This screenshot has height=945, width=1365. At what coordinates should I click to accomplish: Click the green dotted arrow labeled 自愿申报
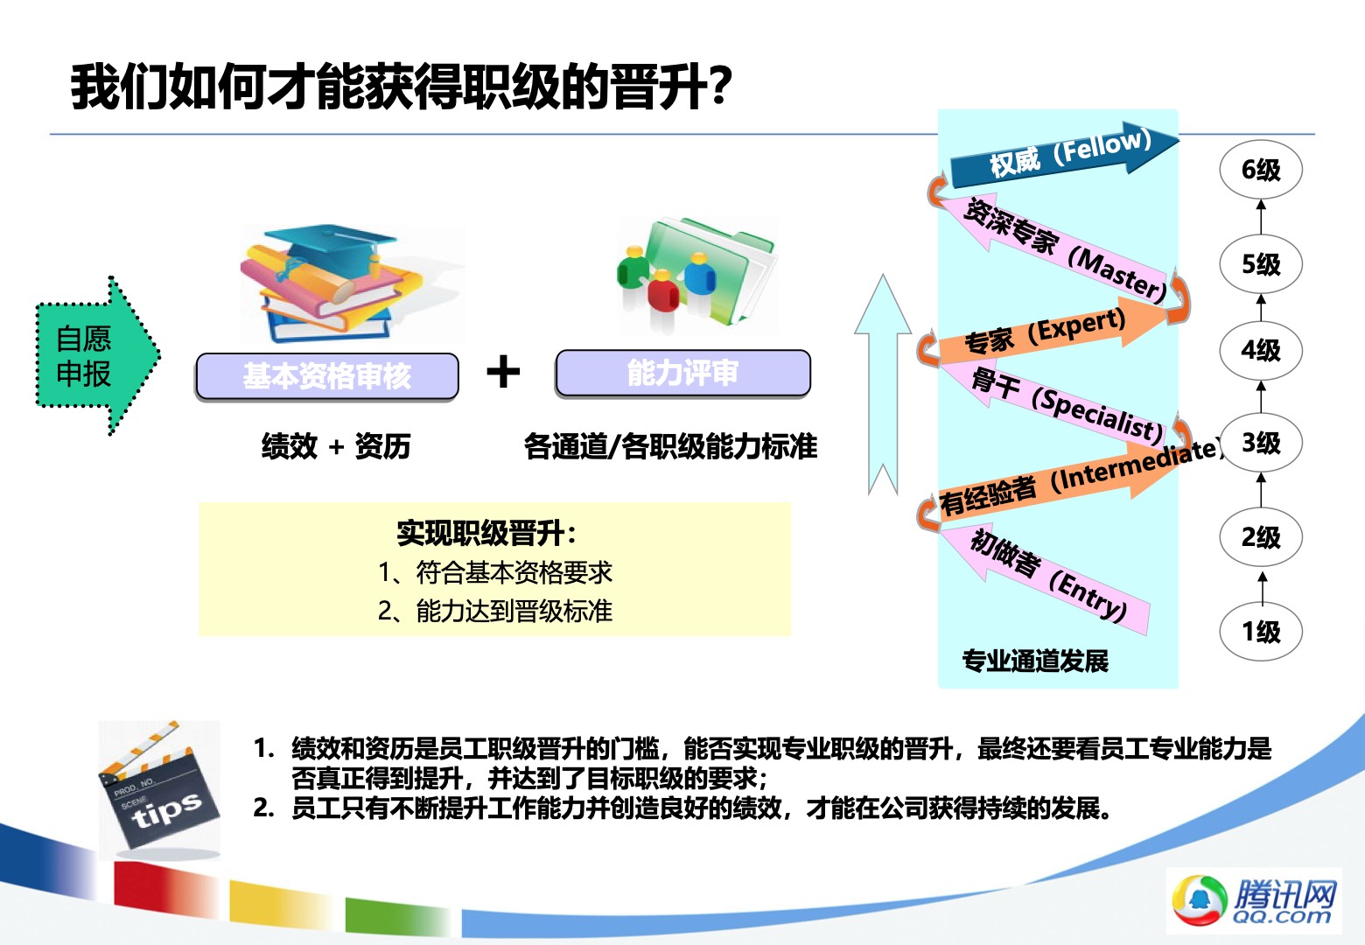tap(97, 356)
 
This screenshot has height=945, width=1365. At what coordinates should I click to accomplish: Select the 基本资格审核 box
tap(327, 376)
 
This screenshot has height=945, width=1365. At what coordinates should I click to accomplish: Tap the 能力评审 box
tap(683, 373)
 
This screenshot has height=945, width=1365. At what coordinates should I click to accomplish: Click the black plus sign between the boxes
tap(503, 372)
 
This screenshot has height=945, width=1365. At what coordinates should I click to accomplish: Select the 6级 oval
tap(1261, 170)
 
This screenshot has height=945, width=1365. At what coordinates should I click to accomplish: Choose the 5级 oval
tap(1261, 264)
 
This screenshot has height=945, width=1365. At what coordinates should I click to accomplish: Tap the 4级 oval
tap(1261, 350)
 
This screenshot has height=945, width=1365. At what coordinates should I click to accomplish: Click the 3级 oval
tap(1261, 443)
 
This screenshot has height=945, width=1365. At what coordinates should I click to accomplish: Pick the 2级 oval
tap(1261, 536)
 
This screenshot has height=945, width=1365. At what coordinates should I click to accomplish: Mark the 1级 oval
tap(1261, 632)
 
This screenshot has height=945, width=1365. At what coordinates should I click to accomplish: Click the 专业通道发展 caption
tap(1035, 661)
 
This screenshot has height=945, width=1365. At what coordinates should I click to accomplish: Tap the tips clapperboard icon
tap(158, 789)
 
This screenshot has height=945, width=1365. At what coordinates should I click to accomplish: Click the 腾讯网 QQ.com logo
tap(1254, 900)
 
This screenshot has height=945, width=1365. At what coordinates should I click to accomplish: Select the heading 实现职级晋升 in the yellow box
tap(486, 534)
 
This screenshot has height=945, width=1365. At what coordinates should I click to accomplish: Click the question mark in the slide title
tap(720, 87)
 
